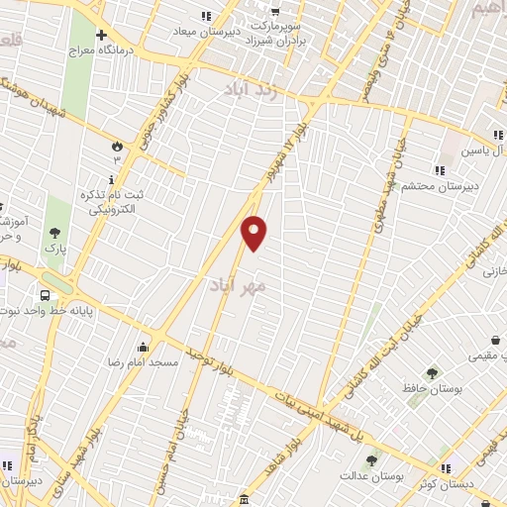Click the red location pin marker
[x=254, y=233]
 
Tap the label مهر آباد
[x=239, y=285]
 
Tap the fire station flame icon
[x=116, y=146]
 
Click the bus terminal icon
[x=46, y=295]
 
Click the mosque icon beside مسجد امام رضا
[x=144, y=347]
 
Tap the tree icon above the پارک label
[x=53, y=233]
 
